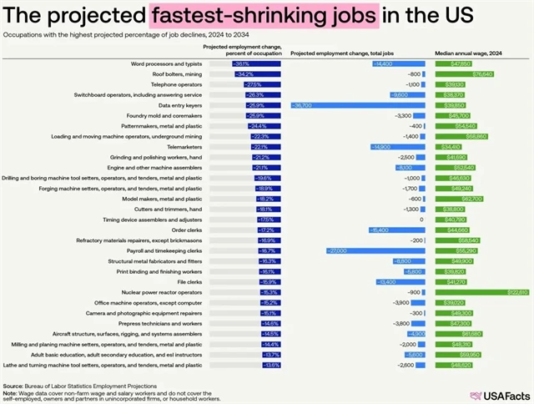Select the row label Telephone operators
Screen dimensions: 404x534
(177, 85)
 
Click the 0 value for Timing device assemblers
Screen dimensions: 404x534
(422, 220)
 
